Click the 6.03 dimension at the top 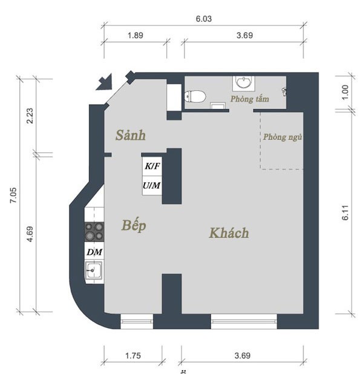pos(204,19)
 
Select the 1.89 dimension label pos(136,36)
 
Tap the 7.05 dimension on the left pos(13,195)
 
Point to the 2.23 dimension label pos(30,116)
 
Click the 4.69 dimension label pos(30,234)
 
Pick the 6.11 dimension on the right pos(345,212)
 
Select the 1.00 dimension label pos(345,93)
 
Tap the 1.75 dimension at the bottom pos(133,356)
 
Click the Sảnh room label pos(131,135)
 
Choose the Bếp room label pos(134,225)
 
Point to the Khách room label pos(229,233)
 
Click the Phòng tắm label pos(250,99)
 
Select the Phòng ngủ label pos(283,137)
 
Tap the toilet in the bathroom pos(195,97)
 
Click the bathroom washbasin pos(243,83)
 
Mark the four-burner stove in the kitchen pos(94,232)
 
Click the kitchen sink pos(94,271)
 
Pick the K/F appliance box pos(152,166)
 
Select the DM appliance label pos(94,252)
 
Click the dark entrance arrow pos(105,82)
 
